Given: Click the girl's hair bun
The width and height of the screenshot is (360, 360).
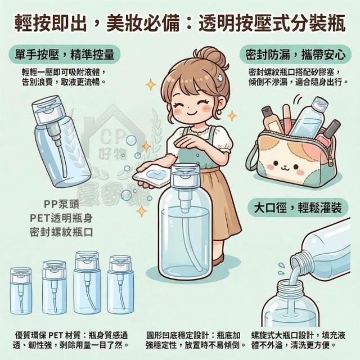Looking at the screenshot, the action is tap(210, 57).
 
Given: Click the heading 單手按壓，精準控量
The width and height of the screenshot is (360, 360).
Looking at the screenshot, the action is tap(65, 55).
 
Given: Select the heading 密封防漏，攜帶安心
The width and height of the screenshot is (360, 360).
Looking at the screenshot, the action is tap(295, 55).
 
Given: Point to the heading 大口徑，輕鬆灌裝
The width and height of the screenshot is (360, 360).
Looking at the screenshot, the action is tap(298, 208).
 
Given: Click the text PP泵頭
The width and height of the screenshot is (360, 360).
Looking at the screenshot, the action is tap(61, 204).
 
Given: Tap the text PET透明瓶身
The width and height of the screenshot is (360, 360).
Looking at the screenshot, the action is tap(61, 218).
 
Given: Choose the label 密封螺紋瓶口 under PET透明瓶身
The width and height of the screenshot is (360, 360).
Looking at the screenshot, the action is tap(61, 232).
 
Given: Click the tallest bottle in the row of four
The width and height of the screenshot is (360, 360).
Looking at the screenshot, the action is tap(87, 282).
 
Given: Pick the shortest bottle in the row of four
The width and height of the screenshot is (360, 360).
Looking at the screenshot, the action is tap(21, 291).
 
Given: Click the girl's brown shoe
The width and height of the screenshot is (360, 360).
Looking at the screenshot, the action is tap(218, 260).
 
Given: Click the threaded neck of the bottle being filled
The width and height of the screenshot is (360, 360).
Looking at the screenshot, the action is tap(290, 287).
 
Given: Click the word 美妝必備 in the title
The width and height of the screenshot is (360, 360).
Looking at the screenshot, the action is tap(142, 24).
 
